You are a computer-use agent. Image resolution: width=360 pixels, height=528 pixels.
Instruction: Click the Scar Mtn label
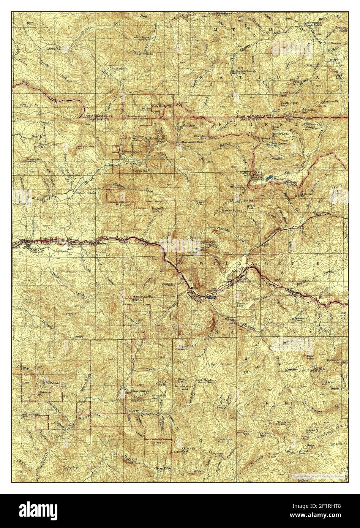pos(283,422)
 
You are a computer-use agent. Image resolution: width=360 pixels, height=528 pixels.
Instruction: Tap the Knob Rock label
pos(224,439)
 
